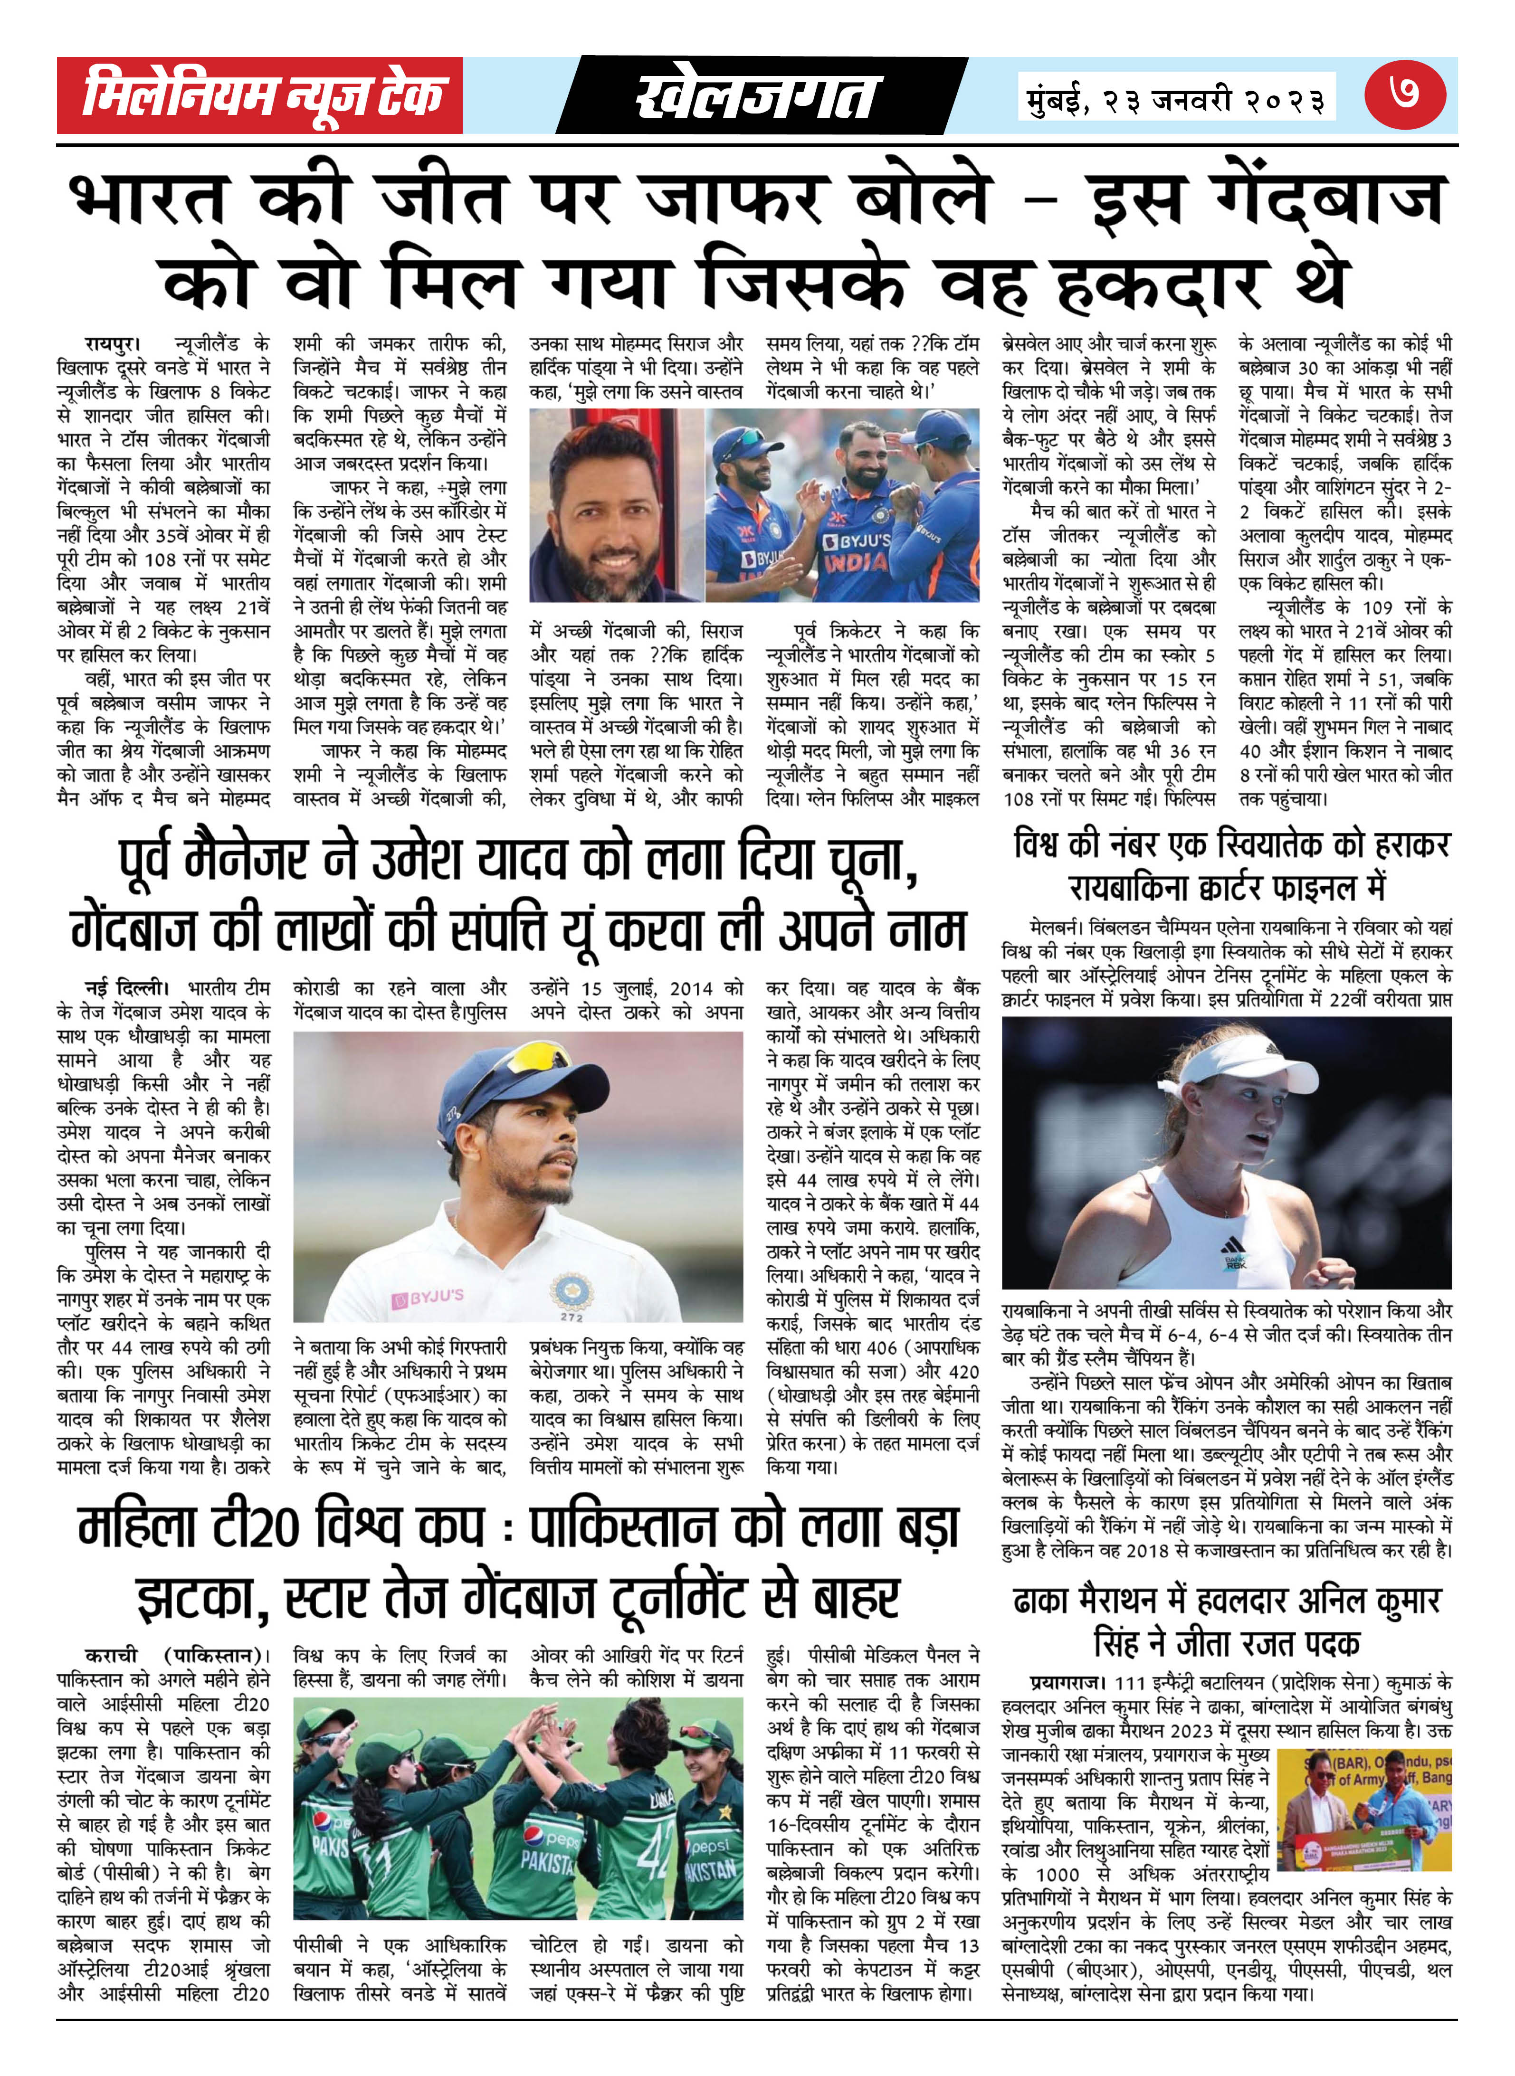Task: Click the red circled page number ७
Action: tap(1404, 94)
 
